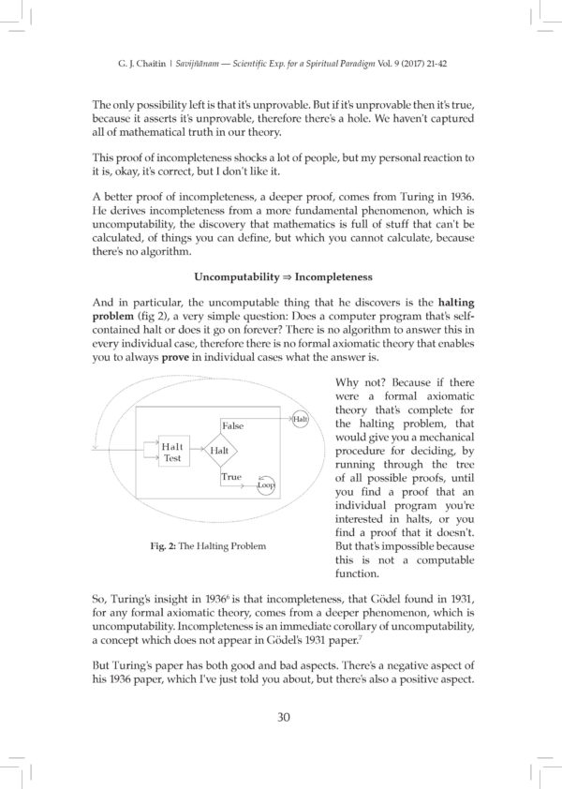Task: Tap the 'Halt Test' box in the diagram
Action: tap(173, 452)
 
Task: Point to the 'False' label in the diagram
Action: tap(232, 425)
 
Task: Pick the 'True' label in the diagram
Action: tap(230, 477)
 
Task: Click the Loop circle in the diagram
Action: tap(265, 484)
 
